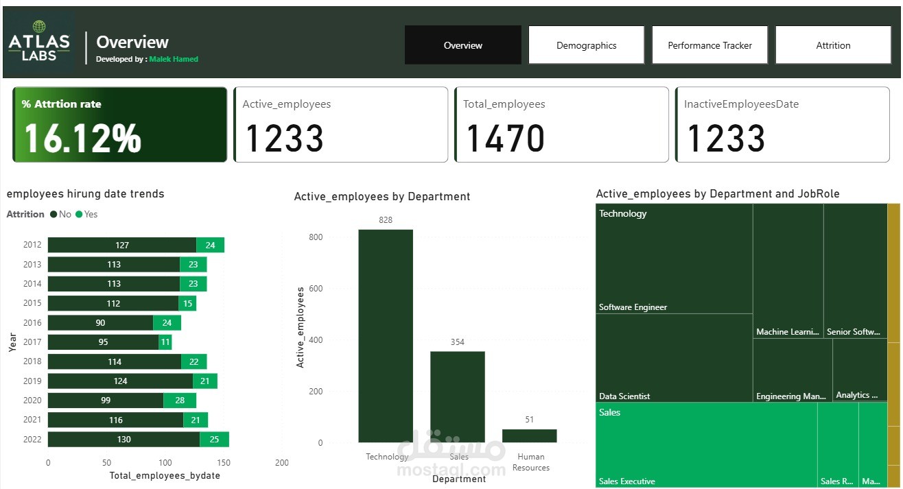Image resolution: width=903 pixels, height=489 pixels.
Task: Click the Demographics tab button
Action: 586,45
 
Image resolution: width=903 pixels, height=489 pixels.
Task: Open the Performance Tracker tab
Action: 709,45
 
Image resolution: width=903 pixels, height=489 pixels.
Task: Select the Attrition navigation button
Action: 833,45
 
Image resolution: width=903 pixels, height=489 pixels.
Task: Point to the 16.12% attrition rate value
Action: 82,138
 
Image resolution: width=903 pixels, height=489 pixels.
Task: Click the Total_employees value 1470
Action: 505,138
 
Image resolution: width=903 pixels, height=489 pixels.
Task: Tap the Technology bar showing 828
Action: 386,335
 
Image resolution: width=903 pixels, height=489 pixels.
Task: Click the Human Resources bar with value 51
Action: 529,436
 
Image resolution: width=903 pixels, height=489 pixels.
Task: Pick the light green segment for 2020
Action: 180,401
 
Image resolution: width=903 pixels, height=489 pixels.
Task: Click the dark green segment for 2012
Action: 122,245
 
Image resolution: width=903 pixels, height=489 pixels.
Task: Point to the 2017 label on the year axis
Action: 32,342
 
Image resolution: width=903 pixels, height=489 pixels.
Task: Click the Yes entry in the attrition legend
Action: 87,214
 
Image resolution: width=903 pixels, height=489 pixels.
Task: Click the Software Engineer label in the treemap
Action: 633,307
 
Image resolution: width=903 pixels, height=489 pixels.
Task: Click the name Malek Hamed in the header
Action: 174,59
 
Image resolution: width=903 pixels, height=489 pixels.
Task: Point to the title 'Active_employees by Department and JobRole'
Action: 718,194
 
